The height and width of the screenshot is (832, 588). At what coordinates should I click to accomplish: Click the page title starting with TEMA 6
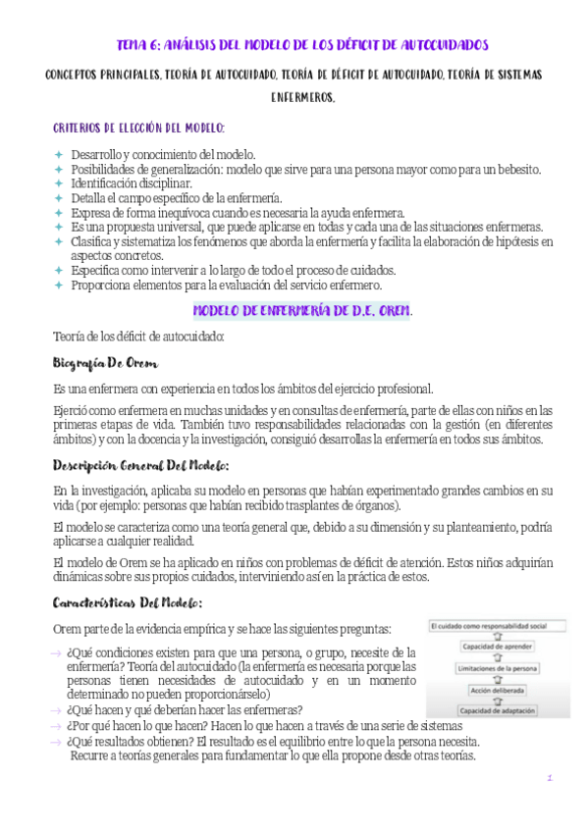pyautogui.click(x=301, y=45)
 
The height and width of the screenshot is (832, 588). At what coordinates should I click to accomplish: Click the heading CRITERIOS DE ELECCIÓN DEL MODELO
pyautogui.click(x=138, y=129)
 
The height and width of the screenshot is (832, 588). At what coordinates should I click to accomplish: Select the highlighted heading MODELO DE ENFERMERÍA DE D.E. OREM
pyautogui.click(x=301, y=310)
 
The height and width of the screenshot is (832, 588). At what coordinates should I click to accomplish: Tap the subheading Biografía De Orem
pyautogui.click(x=105, y=363)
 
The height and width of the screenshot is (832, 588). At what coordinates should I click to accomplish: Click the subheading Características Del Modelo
pyautogui.click(x=128, y=602)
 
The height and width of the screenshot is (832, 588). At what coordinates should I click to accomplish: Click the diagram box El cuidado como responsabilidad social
pyautogui.click(x=500, y=625)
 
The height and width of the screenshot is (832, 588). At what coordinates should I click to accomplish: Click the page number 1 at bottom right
pyautogui.click(x=551, y=778)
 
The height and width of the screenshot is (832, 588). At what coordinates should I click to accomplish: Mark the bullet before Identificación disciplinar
pyautogui.click(x=58, y=183)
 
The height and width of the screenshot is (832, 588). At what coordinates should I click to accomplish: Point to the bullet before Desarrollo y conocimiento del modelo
pyautogui.click(x=58, y=155)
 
